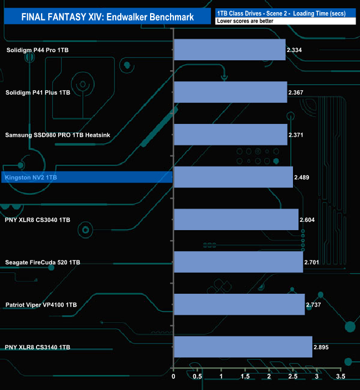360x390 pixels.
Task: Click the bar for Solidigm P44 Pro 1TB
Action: (x=230, y=50)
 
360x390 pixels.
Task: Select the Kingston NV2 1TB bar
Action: (x=234, y=177)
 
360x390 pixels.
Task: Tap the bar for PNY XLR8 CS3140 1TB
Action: (x=243, y=347)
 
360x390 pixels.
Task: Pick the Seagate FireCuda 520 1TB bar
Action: (x=239, y=262)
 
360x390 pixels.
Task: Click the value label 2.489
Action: (x=301, y=178)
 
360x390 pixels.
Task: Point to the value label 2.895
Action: (x=321, y=347)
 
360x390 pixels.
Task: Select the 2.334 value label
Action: (x=294, y=50)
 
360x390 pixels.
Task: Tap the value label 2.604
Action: (x=307, y=220)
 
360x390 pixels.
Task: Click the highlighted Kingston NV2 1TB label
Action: (x=31, y=178)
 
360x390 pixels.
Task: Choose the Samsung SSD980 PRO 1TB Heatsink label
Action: (x=58, y=135)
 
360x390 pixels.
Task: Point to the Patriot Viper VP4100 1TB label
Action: (x=41, y=305)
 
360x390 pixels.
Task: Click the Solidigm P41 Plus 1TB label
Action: (x=38, y=92)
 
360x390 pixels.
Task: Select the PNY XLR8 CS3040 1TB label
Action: (x=37, y=220)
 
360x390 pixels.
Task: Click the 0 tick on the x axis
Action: (x=173, y=377)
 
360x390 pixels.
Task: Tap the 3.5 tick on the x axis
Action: (x=341, y=377)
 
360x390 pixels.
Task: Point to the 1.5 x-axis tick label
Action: (x=245, y=377)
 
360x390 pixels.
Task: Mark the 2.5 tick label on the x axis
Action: (x=293, y=377)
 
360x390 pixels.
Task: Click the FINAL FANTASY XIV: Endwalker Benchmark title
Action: (x=107, y=17)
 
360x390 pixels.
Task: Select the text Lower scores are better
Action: (x=245, y=21)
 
